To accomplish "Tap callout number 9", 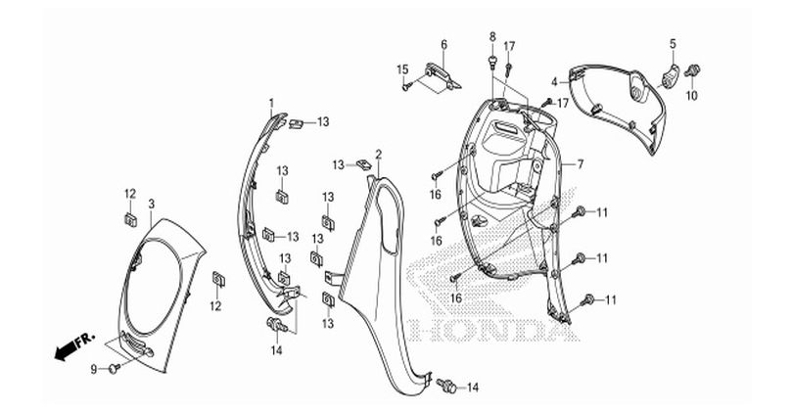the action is point(94,370).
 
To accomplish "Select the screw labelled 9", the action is point(115,369).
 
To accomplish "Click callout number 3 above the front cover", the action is point(151,204).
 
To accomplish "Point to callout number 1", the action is point(271,103).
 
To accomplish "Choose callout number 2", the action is point(378,154).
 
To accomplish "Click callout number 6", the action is point(443,44).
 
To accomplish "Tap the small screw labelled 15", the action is point(406,87).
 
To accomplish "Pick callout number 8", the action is point(492,36).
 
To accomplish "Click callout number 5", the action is point(673,43).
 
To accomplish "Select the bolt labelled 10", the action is point(692,71).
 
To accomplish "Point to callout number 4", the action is point(554,82).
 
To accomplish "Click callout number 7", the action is point(581,164).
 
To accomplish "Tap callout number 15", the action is point(402,69).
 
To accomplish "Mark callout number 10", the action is point(691,95).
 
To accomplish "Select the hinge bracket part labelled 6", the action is point(442,74).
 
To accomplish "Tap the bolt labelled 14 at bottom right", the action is point(446,386).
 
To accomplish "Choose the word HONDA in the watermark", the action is point(493,329).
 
